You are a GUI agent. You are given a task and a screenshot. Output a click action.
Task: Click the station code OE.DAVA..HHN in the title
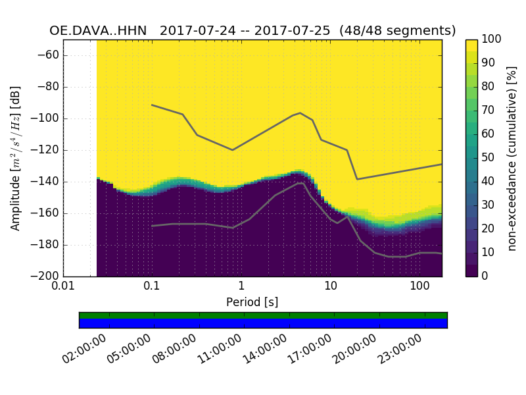[x=101, y=31]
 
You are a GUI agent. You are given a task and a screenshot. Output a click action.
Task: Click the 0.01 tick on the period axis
[x=63, y=287]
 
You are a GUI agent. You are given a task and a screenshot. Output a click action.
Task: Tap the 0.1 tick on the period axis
[x=152, y=287]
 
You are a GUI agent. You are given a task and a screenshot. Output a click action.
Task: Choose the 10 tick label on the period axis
[x=331, y=287]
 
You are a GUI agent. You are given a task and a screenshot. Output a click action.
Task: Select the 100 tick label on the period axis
[x=419, y=287]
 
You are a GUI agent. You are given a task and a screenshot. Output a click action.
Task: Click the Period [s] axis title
[x=252, y=302]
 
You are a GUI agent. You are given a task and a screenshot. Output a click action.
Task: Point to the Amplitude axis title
[x=16, y=158]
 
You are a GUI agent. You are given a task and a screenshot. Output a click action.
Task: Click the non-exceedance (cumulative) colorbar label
[x=512, y=158]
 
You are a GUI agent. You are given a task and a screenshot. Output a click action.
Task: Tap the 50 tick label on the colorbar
[x=489, y=158]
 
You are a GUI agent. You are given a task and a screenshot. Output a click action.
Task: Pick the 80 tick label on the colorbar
[x=489, y=87]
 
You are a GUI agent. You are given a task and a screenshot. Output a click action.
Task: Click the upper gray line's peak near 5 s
[x=300, y=113]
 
